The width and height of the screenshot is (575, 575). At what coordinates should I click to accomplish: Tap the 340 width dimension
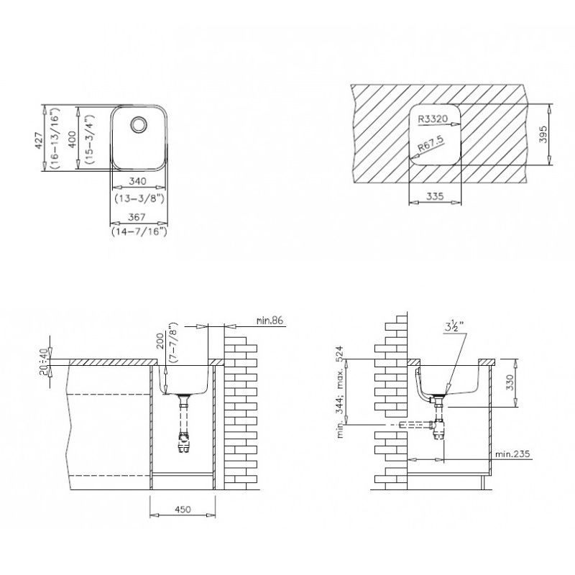tap(139, 182)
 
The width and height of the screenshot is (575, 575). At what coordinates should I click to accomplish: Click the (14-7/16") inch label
tap(139, 231)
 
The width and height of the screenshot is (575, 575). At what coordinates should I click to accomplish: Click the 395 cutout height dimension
tap(543, 135)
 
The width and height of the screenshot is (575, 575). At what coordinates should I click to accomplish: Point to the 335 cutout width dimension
tap(435, 195)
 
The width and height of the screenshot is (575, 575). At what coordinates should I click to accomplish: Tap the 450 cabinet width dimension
tap(183, 510)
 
